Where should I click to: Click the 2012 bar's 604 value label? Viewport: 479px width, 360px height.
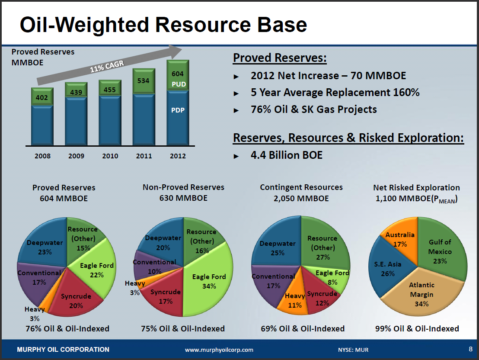point(178,74)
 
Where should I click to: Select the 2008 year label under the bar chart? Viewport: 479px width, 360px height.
point(42,156)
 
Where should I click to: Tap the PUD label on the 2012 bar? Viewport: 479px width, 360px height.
point(178,84)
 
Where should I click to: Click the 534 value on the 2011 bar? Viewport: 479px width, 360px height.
point(144,80)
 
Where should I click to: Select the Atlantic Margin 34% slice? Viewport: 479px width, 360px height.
point(422,294)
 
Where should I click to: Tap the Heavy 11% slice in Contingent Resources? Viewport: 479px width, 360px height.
point(295,300)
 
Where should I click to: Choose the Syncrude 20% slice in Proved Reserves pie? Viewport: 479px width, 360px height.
point(76,301)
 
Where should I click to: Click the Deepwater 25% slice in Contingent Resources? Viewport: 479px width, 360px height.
point(278,248)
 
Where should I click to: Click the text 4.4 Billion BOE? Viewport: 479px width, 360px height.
point(286,155)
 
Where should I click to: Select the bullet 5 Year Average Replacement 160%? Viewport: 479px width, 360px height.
point(335,93)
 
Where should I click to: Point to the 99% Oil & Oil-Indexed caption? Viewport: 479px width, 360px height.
point(417,329)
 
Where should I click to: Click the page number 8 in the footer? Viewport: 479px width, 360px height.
point(470,349)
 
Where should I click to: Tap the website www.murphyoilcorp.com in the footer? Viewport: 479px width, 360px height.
point(219,350)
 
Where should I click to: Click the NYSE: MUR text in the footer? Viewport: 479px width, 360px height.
point(353,350)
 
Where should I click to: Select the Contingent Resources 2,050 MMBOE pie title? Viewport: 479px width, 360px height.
point(301,193)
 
